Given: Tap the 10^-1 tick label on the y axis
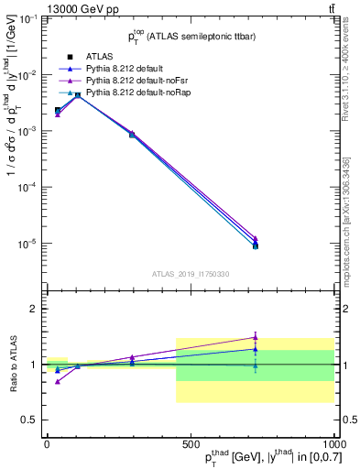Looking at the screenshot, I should (x=30, y=18).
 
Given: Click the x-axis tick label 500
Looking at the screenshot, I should (x=191, y=444).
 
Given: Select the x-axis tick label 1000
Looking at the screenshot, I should (x=332, y=444).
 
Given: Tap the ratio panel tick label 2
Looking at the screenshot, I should (x=34, y=309).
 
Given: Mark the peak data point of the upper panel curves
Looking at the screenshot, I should (x=78, y=94).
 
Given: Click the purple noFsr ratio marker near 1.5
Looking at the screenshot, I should (x=256, y=337).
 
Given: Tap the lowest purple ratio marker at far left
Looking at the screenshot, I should (x=58, y=381).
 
